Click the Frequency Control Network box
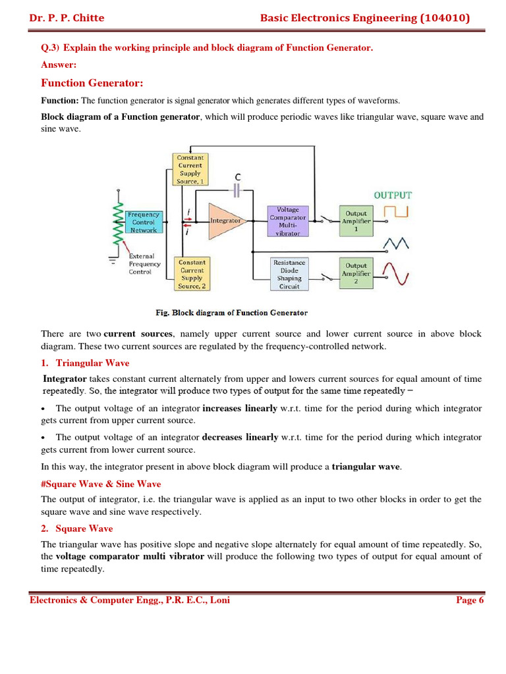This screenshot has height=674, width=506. [x=143, y=222]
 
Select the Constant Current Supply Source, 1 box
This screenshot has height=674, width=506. [x=190, y=169]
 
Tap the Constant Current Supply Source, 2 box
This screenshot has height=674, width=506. [x=192, y=274]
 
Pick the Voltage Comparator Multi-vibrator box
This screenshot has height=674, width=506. [x=288, y=221]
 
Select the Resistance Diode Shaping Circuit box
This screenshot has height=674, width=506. [x=289, y=274]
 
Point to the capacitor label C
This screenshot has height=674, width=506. [x=238, y=177]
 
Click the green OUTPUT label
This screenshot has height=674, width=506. [x=393, y=195]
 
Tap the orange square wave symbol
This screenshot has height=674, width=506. [x=397, y=212]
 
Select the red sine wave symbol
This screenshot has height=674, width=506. [x=397, y=273]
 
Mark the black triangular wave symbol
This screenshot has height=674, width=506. [x=397, y=244]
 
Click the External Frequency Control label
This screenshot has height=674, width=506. [x=144, y=264]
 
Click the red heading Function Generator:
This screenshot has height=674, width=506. [x=92, y=83]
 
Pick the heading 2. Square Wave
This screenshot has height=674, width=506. [x=76, y=529]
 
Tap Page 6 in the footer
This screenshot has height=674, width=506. [x=470, y=600]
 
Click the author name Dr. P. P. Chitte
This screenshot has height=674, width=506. [x=67, y=18]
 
